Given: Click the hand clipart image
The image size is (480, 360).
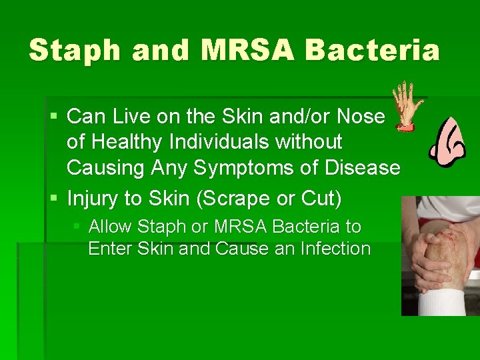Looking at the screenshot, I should [405, 105].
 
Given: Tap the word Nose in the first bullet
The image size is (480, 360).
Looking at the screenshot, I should [361, 117].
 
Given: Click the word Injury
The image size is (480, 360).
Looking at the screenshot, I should [93, 199].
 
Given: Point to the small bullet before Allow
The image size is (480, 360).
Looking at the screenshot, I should [77, 227].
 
